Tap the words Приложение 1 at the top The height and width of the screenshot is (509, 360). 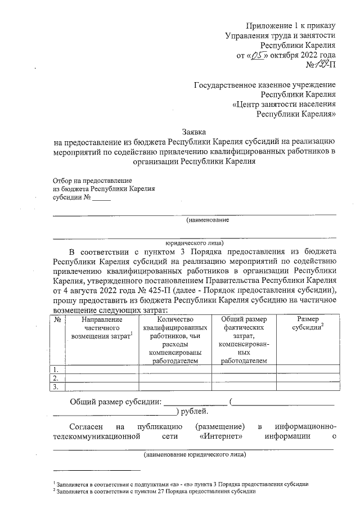point(273,25)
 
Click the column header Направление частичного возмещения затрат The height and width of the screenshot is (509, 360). point(101,328)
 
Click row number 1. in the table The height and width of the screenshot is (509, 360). point(56,370)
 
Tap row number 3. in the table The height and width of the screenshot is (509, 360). point(56,387)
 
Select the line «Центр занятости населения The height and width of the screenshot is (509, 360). point(284,104)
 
